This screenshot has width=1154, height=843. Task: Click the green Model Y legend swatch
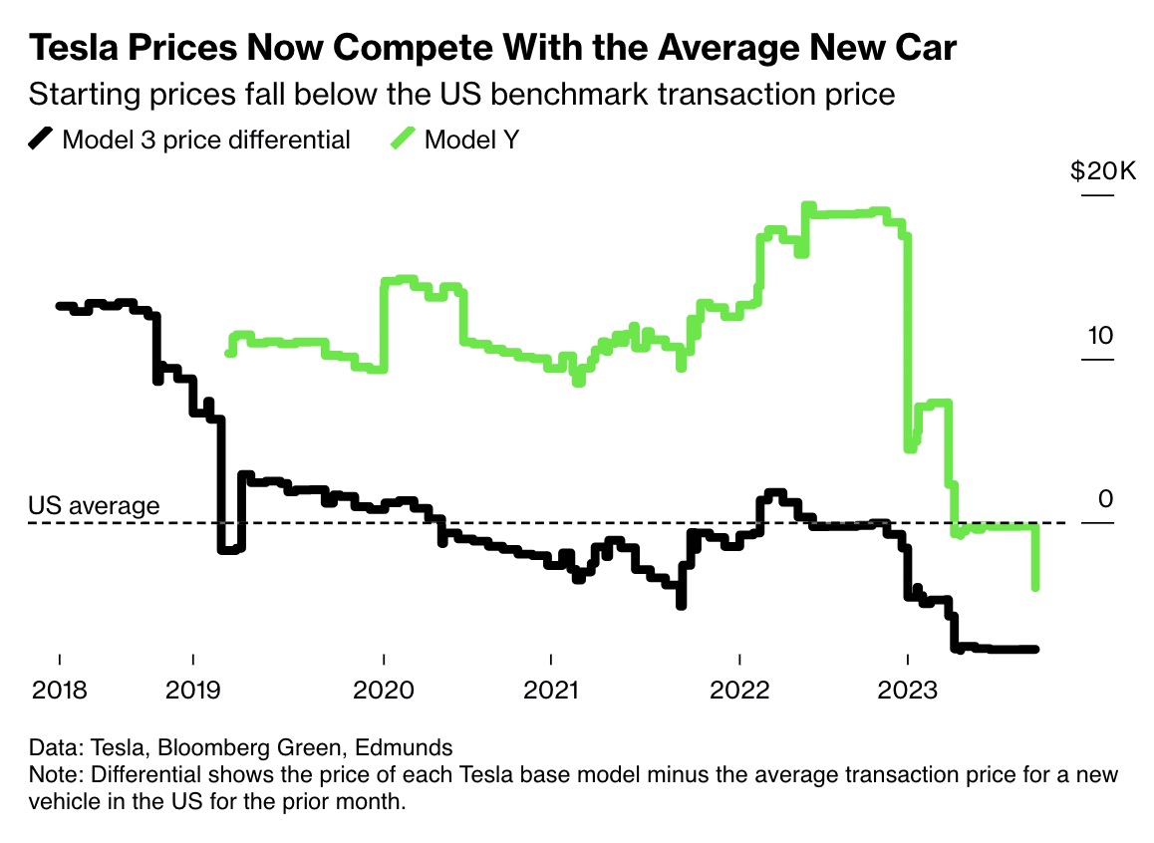(404, 140)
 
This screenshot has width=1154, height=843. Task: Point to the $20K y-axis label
(1102, 171)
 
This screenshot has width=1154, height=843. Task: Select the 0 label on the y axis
(1104, 499)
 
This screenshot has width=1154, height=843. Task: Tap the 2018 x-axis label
(59, 690)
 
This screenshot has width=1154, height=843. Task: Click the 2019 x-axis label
(192, 690)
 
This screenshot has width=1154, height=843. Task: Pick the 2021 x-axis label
(551, 690)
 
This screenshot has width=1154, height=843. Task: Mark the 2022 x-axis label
(739, 690)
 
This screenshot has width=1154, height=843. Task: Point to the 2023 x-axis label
(907, 690)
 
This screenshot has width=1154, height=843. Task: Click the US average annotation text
(94, 505)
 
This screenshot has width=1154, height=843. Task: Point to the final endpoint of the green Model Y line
(1036, 587)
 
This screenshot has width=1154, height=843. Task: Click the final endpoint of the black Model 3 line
(1035, 650)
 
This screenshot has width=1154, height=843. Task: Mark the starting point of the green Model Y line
(229, 352)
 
